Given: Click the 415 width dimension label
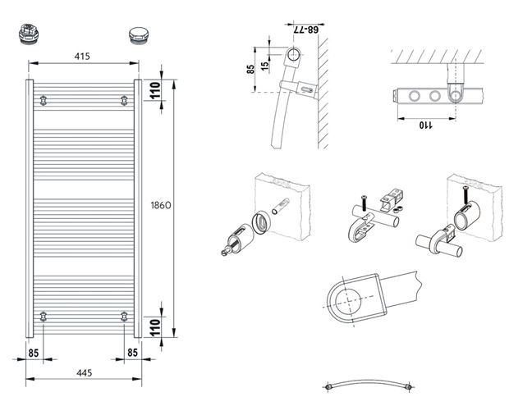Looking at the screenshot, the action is tap(82, 57).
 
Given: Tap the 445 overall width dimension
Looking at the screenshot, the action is tap(84, 373).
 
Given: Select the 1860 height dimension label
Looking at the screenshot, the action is tap(161, 205).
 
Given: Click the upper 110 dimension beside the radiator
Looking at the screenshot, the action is tap(154, 89).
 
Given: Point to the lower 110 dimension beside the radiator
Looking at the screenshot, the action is tap(154, 327).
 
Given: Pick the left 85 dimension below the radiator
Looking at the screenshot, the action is tap(33, 354).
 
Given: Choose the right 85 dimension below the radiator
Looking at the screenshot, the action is tap(132, 353).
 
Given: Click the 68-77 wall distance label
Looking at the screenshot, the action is tap(305, 30).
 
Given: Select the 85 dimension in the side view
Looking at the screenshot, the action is tap(250, 70).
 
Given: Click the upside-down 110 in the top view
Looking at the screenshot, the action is tap(425, 125).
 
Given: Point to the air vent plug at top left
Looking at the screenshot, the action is tap(28, 34).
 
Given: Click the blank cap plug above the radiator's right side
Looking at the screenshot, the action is tap(138, 35).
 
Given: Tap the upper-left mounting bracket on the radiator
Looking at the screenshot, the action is tap(43, 100).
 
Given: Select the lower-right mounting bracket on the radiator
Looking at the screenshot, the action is tap(124, 317).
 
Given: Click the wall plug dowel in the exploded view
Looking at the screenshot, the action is tap(280, 206).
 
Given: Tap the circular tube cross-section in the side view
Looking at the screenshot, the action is tap(293, 54).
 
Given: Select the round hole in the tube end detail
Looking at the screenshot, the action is tap(348, 300).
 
